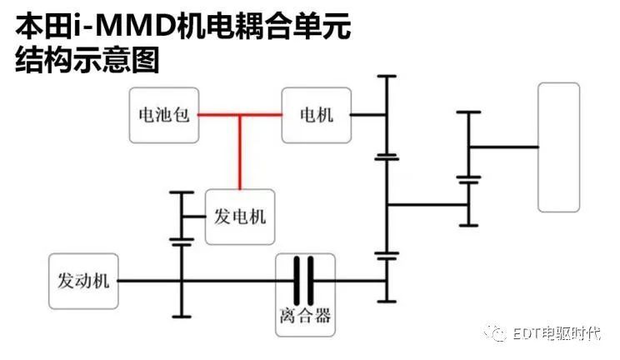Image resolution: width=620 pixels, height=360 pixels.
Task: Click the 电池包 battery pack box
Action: (x=164, y=115)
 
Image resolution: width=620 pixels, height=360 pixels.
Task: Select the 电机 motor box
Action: (x=317, y=115)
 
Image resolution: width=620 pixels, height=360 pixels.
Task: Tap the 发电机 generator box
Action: (x=240, y=217)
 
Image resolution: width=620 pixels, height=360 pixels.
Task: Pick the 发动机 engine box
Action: (x=83, y=282)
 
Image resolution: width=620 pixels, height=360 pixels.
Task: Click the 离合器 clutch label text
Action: (x=305, y=316)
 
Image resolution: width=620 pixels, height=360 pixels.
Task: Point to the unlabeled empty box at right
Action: (x=558, y=147)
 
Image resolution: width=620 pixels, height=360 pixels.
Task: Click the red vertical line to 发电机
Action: (x=240, y=152)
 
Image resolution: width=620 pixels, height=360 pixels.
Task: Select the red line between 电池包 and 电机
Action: (x=240, y=115)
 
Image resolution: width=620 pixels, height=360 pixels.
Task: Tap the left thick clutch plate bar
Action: (x=297, y=281)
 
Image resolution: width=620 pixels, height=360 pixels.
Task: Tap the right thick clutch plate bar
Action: (x=311, y=281)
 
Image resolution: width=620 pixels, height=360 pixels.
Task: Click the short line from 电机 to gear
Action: (x=368, y=115)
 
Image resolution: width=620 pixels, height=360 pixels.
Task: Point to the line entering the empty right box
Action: (x=503, y=147)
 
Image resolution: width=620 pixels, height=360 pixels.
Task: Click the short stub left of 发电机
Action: (x=193, y=217)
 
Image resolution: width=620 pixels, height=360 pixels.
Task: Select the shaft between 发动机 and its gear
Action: (x=150, y=281)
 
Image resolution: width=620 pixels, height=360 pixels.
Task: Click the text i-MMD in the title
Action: (x=124, y=26)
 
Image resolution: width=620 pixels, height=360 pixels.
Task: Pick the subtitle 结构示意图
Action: (x=87, y=60)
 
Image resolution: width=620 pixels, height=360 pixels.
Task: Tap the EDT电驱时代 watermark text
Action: (x=557, y=333)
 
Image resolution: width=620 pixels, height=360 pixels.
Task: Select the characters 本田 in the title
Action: (x=44, y=26)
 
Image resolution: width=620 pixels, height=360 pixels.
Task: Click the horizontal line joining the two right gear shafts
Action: (x=427, y=205)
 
